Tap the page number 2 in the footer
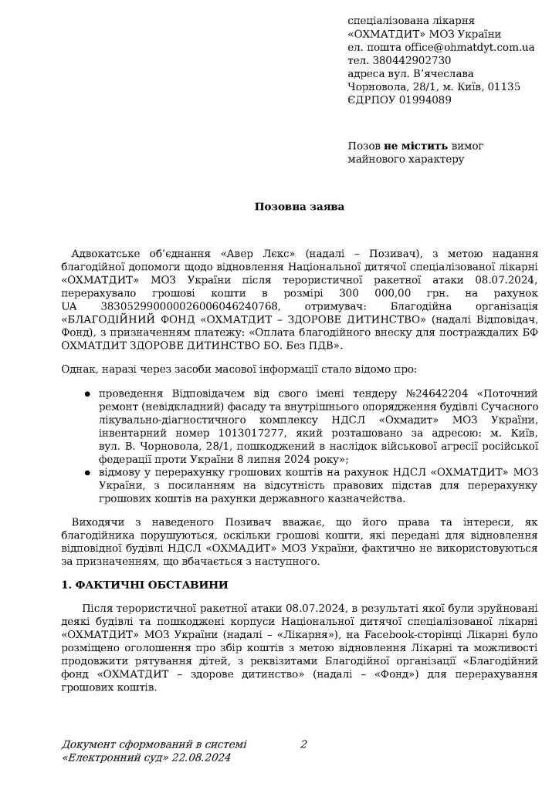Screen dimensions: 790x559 (303, 744)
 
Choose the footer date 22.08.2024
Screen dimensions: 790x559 (203, 758)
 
